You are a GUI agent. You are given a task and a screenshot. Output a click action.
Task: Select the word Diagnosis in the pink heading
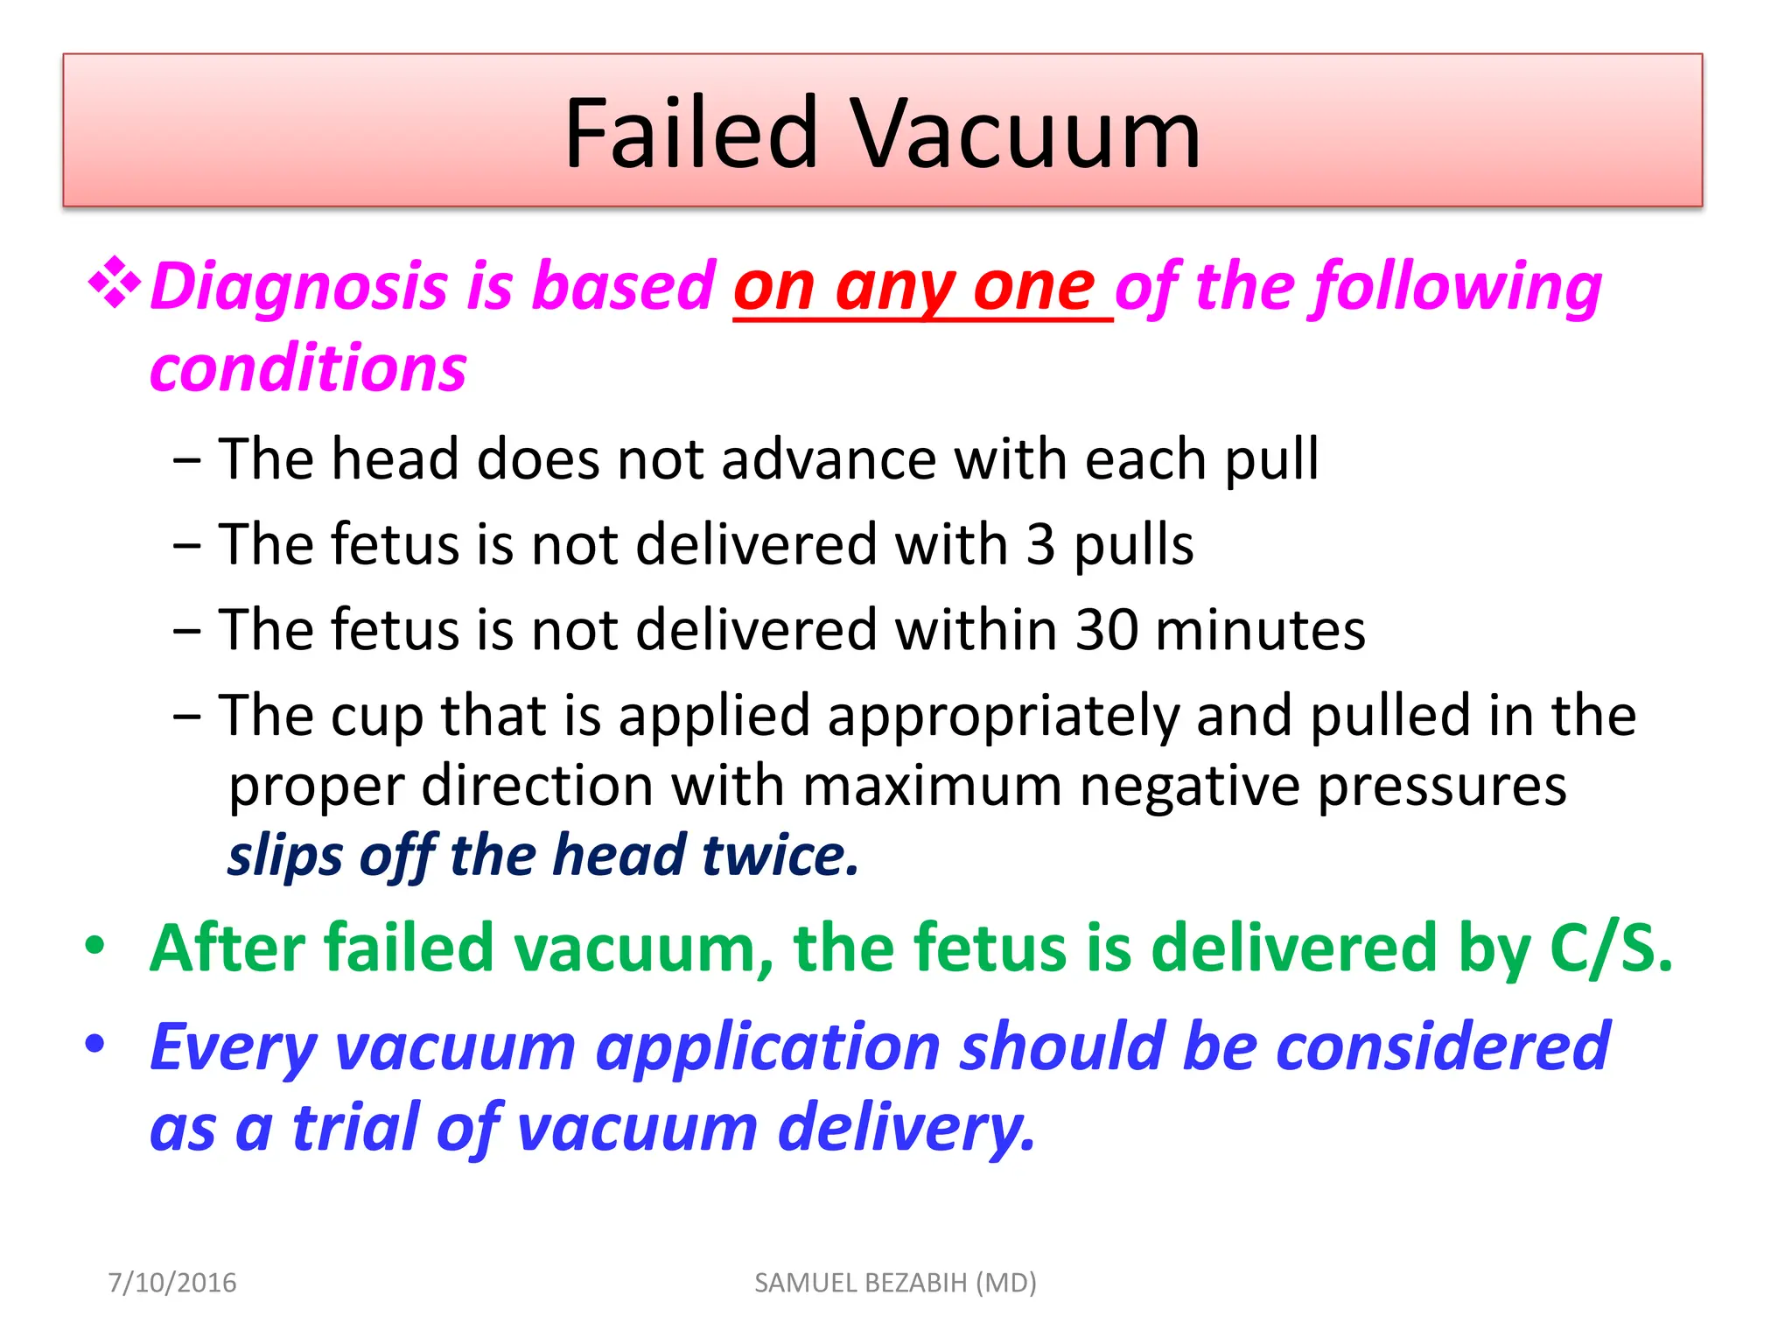(297, 287)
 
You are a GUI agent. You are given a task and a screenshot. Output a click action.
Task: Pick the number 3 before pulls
(1040, 544)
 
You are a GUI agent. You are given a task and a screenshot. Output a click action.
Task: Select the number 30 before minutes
(1106, 630)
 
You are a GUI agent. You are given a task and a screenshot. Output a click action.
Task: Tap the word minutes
(1260, 630)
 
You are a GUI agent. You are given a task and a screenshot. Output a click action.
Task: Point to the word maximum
(931, 785)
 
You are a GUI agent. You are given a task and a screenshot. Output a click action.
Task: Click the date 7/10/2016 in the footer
(172, 1283)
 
